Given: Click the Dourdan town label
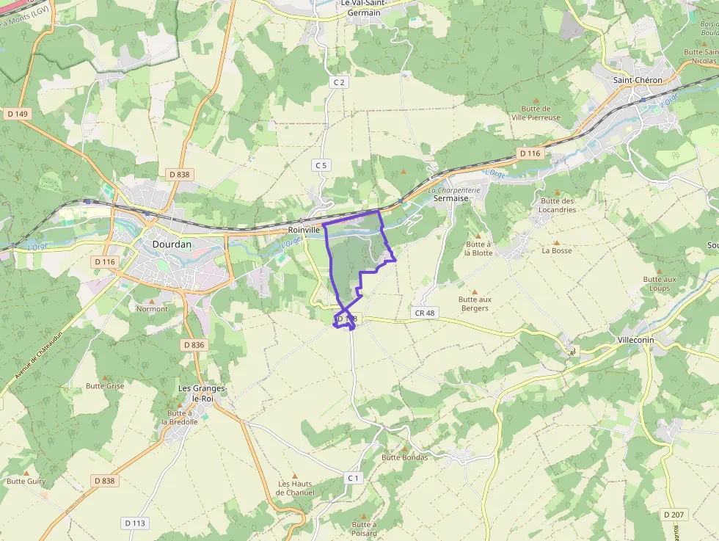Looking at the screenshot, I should (x=171, y=244).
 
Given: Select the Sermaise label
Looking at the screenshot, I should (x=450, y=198).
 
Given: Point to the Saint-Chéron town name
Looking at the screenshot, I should (x=638, y=80).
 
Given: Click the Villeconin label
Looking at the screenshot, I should (x=635, y=341).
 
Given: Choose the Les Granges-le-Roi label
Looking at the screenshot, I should (x=202, y=393).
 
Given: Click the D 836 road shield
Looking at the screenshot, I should (x=194, y=344).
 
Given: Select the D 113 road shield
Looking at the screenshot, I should (x=135, y=523).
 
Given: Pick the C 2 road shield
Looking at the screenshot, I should (x=338, y=82).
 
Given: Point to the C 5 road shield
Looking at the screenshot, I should (x=321, y=165).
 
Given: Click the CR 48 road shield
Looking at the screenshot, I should (x=425, y=313).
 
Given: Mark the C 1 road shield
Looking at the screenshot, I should (x=354, y=478).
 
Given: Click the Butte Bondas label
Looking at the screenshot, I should (x=404, y=457).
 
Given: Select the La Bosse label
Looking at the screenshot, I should (x=557, y=250).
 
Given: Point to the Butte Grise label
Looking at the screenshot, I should (x=105, y=385).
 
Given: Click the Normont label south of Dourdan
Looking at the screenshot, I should (x=152, y=309).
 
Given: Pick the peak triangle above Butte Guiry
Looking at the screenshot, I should (x=26, y=473).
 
